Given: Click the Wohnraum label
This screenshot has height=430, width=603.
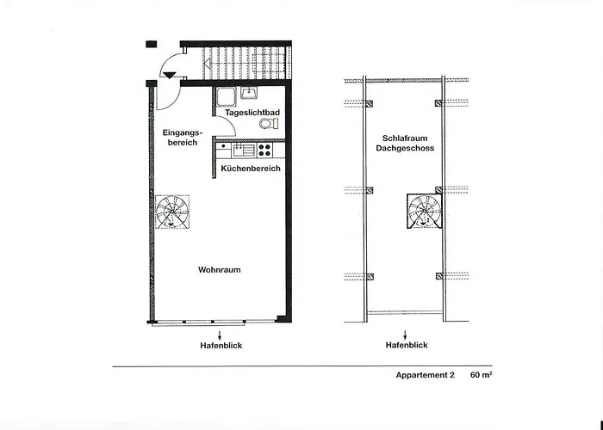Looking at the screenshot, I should click(219, 269).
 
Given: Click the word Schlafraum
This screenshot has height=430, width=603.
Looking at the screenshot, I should click(403, 138).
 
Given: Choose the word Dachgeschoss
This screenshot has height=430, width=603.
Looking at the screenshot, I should click(403, 149).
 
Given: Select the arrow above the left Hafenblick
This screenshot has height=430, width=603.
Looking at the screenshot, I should click(219, 335).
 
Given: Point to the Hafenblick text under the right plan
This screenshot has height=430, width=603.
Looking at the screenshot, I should click(404, 346).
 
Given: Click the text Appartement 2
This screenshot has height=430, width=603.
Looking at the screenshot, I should click(425, 376).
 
